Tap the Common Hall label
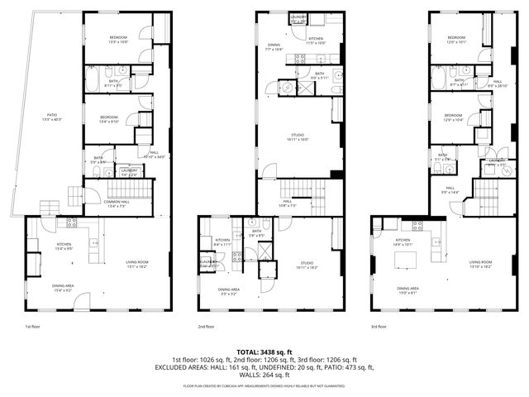pyautogui.click(x=116, y=204)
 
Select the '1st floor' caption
pyautogui.click(x=32, y=327)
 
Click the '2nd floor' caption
pyautogui.click(x=206, y=327)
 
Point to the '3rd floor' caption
pyautogui.click(x=379, y=327)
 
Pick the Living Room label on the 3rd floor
pyautogui.click(x=480, y=265)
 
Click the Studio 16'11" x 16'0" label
pyautogui.click(x=297, y=137)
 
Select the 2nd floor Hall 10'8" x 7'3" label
pyautogui.click(x=287, y=203)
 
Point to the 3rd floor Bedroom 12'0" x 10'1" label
pyautogui.click(x=457, y=41)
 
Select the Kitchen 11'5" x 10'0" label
pyautogui.click(x=316, y=41)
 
